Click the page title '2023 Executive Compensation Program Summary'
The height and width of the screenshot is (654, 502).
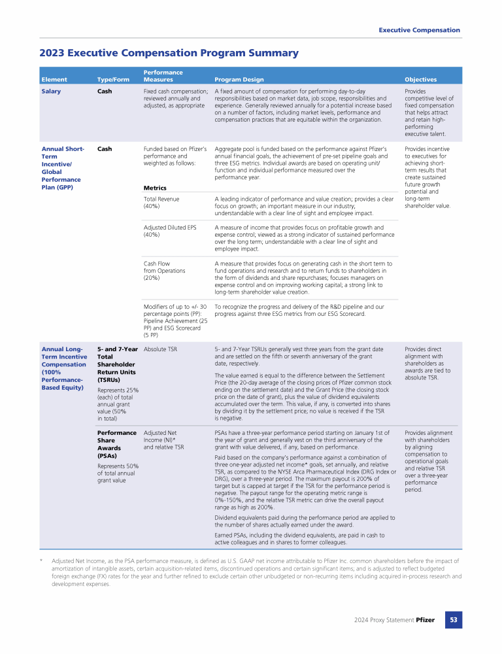click(169, 53)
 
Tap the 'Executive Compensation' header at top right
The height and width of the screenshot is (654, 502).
click(419, 30)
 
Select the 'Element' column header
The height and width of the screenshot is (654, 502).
click(54, 80)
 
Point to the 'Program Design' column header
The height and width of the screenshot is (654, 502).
click(239, 80)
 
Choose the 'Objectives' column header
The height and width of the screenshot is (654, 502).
click(421, 80)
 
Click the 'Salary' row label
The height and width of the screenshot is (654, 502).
click(51, 91)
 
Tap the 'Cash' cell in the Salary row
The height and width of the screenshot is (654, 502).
click(104, 91)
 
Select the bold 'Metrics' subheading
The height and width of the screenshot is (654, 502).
click(154, 188)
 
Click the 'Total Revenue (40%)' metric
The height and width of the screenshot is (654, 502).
click(161, 202)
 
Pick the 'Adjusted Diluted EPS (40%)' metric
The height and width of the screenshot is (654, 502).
click(169, 231)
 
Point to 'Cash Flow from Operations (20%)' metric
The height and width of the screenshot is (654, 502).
click(164, 270)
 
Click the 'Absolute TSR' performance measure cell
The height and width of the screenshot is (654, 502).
click(160, 349)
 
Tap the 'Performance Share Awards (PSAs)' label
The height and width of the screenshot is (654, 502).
click(116, 444)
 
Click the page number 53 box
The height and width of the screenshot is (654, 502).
click(453, 619)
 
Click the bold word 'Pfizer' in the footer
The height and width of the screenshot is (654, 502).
click(425, 619)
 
